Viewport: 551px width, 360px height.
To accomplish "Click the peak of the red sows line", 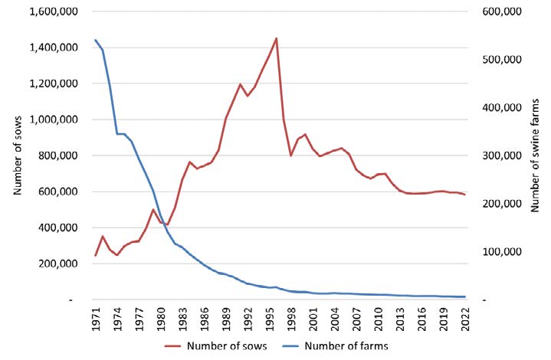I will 277,38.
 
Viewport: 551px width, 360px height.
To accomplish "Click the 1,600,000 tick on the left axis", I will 50,11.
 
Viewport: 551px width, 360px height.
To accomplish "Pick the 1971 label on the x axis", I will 95,316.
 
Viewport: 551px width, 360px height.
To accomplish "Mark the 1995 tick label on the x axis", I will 259,316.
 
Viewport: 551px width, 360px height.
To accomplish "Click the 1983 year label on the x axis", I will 177,316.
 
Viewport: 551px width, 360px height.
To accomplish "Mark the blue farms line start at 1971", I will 95,40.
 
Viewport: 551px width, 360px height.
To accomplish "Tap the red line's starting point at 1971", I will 95,255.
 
